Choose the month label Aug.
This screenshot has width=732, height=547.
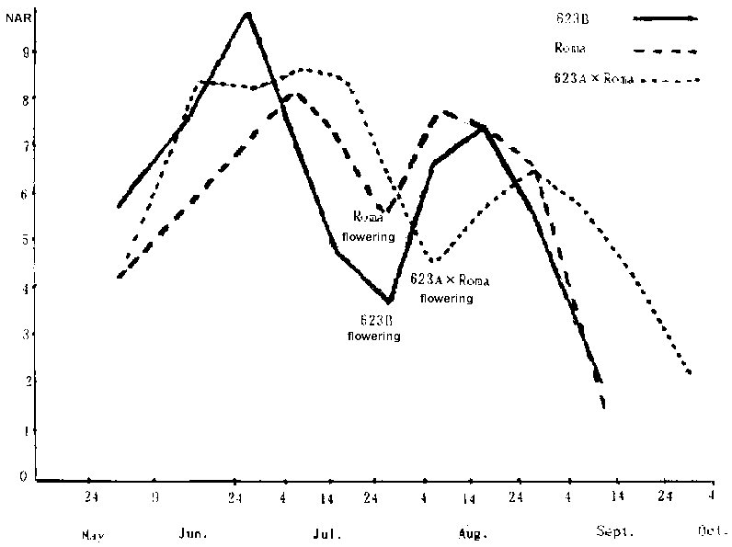473,533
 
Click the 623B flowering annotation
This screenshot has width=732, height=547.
373,329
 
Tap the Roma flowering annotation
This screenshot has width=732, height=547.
374,226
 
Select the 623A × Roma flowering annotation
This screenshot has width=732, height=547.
449,288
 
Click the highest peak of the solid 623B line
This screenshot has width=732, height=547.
247,14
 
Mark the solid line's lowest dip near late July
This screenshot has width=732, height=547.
389,301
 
